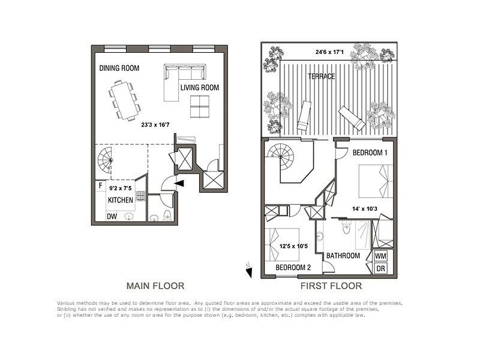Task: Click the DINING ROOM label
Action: click(119, 68)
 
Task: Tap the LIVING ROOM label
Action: click(200, 88)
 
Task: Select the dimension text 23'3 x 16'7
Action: click(155, 126)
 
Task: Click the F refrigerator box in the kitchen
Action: click(100, 185)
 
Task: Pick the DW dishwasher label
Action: click(112, 217)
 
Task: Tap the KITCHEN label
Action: click(120, 200)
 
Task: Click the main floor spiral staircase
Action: click(106, 160)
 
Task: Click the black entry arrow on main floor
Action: click(179, 184)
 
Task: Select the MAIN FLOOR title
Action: click(154, 286)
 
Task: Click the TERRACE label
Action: click(321, 77)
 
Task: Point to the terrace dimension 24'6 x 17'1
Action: click(329, 52)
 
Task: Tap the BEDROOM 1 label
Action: click(370, 152)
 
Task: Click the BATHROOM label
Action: click(343, 256)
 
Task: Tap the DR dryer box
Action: click(380, 269)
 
